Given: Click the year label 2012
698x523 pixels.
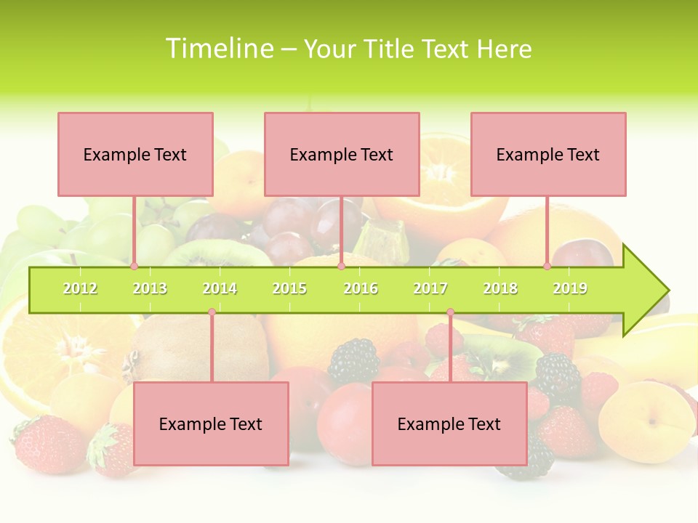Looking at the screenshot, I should [80, 288].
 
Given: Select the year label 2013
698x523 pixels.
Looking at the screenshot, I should [150, 288].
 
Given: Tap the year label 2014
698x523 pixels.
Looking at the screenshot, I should [220, 288].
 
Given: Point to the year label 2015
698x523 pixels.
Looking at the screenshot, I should [289, 288].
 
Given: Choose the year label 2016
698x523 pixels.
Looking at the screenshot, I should [361, 288].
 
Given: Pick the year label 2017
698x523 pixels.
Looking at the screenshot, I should [430, 288].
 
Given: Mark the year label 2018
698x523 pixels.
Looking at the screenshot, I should [500, 288].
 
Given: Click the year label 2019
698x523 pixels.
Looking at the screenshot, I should [570, 288].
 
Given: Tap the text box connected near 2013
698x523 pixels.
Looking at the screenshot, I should [135, 154].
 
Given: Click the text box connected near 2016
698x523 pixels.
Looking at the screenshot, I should [342, 154].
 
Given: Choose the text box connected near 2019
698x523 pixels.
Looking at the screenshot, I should [548, 154].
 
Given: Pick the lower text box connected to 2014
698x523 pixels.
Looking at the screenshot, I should [211, 423].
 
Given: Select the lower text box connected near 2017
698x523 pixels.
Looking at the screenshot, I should [449, 423].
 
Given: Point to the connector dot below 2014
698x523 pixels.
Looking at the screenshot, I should [212, 312].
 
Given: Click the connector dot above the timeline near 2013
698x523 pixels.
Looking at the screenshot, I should [134, 267].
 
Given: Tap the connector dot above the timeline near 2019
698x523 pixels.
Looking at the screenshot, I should [547, 267].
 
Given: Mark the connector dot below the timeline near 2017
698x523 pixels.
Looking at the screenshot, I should [450, 312].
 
